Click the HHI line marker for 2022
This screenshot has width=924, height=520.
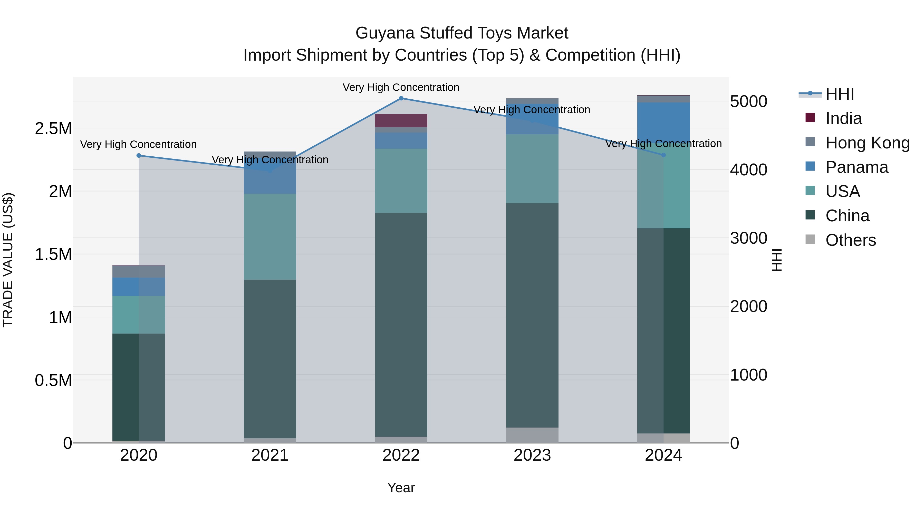401,98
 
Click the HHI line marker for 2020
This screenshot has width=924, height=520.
139,155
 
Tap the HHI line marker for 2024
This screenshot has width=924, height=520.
663,155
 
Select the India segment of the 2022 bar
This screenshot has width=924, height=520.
401,121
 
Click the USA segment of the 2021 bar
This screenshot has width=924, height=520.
270,237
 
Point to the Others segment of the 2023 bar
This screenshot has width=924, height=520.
532,435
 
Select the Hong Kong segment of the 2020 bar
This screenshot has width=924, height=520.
139,271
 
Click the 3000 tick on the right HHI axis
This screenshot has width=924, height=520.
749,238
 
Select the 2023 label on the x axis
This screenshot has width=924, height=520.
532,455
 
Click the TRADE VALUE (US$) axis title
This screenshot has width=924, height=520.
8,260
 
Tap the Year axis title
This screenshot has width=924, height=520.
401,488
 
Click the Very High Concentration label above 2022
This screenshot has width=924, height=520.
401,87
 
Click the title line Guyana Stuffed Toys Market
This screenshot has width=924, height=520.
462,33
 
